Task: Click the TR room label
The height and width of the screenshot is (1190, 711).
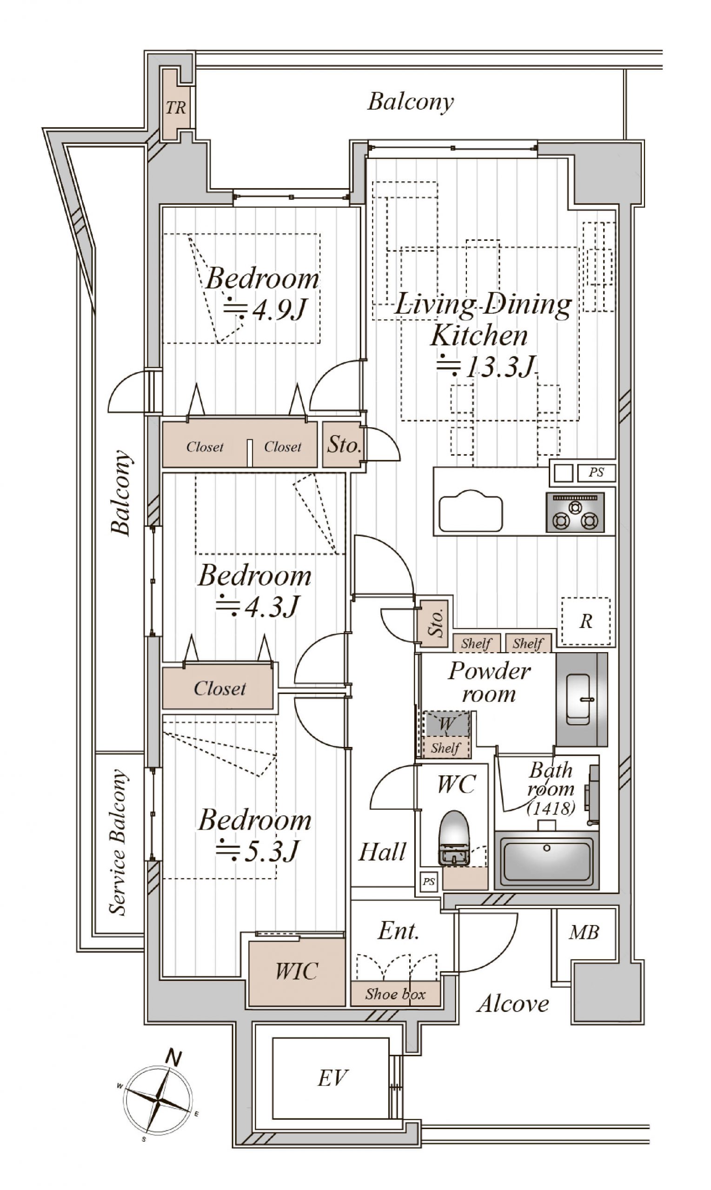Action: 176,108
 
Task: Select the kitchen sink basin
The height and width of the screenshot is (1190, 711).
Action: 471,511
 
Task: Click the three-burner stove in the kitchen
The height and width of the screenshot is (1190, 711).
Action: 575,512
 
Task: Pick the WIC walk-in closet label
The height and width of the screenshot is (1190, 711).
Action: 297,971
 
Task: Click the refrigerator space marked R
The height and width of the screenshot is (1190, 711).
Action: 586,621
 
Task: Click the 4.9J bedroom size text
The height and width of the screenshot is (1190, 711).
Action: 265,311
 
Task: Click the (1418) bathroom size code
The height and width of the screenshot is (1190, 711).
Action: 551,808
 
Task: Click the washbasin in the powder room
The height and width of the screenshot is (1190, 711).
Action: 578,700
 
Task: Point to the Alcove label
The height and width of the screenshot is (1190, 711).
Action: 512,1004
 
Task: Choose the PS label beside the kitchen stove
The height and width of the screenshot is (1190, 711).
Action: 596,473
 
